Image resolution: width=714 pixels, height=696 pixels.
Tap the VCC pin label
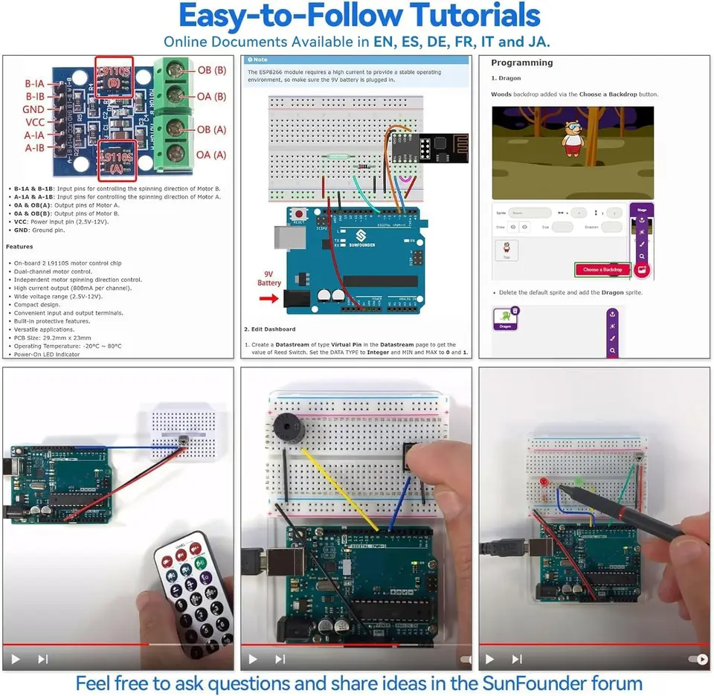(35, 123)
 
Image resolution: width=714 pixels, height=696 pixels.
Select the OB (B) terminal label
(212, 71)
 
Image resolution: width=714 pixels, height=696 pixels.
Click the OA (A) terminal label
(211, 155)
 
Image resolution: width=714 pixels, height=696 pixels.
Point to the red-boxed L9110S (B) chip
(114, 76)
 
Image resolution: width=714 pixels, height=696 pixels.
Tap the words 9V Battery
(269, 277)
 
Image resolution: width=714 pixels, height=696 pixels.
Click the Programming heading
(522, 63)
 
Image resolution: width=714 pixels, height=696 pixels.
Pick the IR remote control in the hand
(193, 587)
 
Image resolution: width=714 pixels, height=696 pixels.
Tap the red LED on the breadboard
(544, 482)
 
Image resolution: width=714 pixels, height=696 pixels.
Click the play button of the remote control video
(16, 659)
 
